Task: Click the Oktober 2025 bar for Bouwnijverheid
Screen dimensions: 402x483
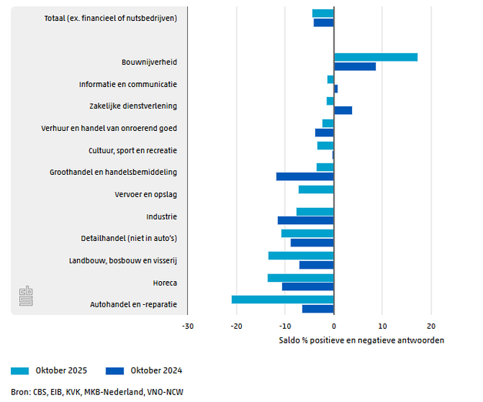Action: pyautogui.click(x=376, y=57)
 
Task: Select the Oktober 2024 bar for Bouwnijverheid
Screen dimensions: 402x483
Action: pyautogui.click(x=355, y=66)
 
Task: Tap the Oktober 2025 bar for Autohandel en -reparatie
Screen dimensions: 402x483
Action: pyautogui.click(x=283, y=300)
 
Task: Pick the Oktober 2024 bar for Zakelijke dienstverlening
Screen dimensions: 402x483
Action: pyautogui.click(x=343, y=110)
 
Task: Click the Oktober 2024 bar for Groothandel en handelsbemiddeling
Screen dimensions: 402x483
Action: pyautogui.click(x=305, y=176)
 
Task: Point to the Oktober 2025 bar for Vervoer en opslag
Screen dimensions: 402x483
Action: pyautogui.click(x=317, y=189)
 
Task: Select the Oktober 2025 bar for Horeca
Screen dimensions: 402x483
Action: pyautogui.click(x=300, y=278)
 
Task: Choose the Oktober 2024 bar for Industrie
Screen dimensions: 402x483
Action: pyautogui.click(x=306, y=220)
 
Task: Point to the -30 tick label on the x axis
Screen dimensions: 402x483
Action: pyautogui.click(x=187, y=326)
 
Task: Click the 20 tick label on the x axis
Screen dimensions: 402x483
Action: pyautogui.click(x=431, y=326)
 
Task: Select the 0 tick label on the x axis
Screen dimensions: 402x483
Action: pyautogui.click(x=334, y=326)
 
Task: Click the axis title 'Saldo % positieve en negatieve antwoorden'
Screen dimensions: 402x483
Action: pyautogui.click(x=361, y=340)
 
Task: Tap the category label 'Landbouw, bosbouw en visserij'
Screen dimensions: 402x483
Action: pyautogui.click(x=123, y=260)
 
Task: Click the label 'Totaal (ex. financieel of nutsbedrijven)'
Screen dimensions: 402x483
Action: pyautogui.click(x=111, y=18)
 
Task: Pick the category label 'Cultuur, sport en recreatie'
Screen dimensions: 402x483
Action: pyautogui.click(x=133, y=150)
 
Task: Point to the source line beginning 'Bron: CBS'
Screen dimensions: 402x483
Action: pyautogui.click(x=97, y=392)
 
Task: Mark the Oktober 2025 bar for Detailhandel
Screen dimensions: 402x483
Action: pyautogui.click(x=307, y=233)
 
